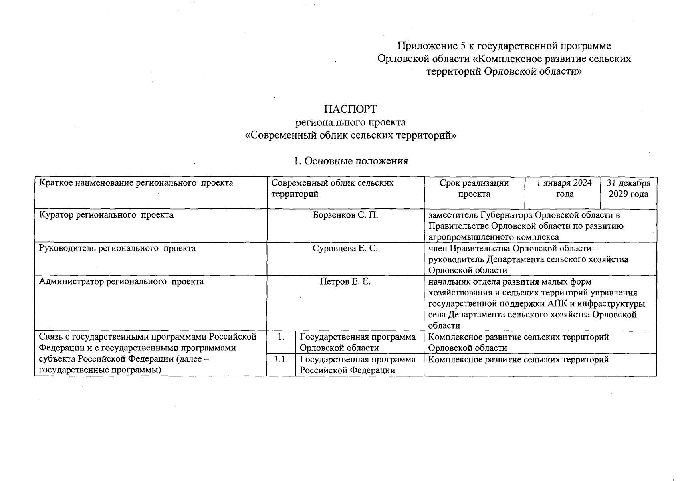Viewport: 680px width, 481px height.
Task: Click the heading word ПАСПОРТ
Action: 350,109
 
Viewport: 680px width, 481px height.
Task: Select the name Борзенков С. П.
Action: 345,215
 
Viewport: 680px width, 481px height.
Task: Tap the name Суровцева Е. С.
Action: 345,248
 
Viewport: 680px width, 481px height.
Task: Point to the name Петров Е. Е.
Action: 345,281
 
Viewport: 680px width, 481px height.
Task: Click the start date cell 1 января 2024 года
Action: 564,188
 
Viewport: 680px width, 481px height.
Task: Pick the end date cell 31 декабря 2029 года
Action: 628,188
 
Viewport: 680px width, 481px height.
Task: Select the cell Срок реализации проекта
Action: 474,188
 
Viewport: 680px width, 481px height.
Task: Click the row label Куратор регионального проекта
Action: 106,215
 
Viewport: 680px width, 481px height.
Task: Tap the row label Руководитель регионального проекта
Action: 117,248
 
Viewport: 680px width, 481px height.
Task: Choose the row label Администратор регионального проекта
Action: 121,281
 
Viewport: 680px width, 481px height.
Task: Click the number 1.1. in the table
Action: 281,359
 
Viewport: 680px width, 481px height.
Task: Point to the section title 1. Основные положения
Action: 350,161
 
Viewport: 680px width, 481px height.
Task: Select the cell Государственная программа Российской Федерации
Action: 357,365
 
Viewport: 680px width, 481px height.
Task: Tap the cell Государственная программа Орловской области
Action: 357,342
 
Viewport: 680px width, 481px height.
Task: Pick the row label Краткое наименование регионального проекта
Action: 136,183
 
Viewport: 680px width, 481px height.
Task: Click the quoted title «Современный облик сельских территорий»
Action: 350,135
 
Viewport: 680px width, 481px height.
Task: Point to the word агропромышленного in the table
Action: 465,237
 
